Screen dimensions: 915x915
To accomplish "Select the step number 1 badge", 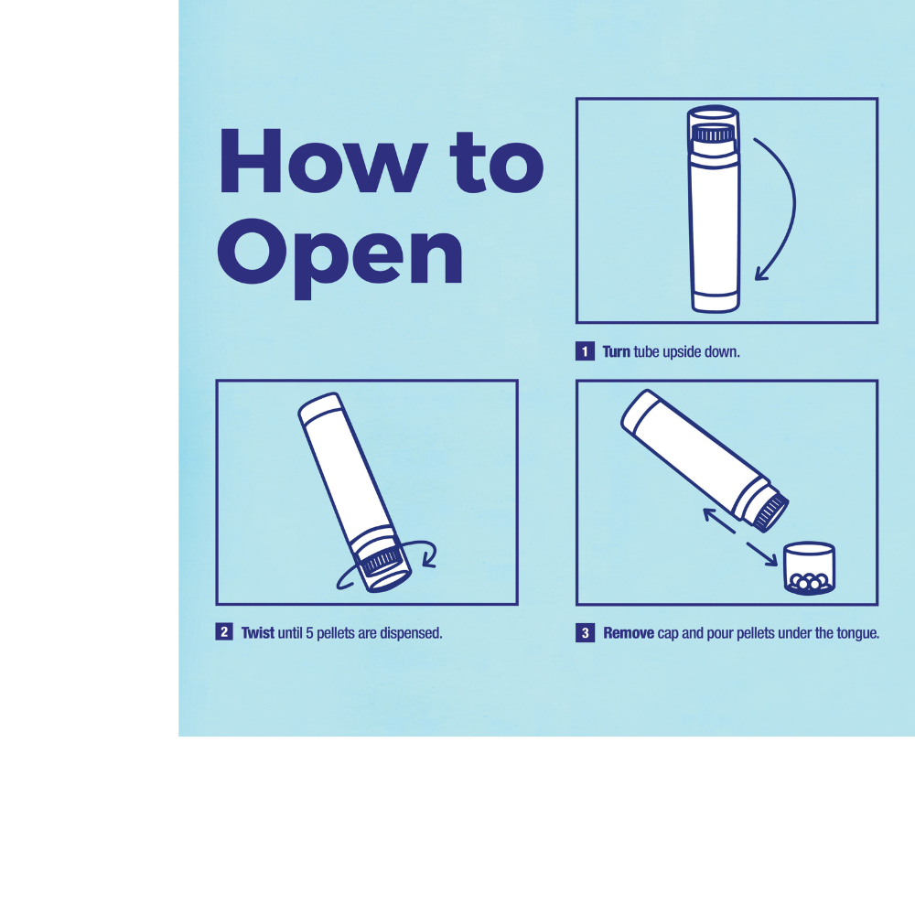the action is (585, 351).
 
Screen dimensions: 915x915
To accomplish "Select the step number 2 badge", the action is (224, 632).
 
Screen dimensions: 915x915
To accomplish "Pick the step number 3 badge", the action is (586, 632).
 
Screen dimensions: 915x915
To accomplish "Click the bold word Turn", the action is (616, 352).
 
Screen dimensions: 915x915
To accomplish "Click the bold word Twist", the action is (258, 632).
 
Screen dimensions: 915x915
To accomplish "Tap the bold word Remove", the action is (629, 633).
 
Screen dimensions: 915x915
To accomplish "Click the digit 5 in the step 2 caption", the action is (309, 633).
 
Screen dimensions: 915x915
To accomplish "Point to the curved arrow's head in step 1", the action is (761, 273).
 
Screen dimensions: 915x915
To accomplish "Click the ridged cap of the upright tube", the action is (713, 135).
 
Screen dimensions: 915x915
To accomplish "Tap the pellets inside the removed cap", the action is (809, 582).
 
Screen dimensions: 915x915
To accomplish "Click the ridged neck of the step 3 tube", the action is (770, 511).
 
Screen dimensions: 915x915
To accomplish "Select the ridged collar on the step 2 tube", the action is (381, 562).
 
